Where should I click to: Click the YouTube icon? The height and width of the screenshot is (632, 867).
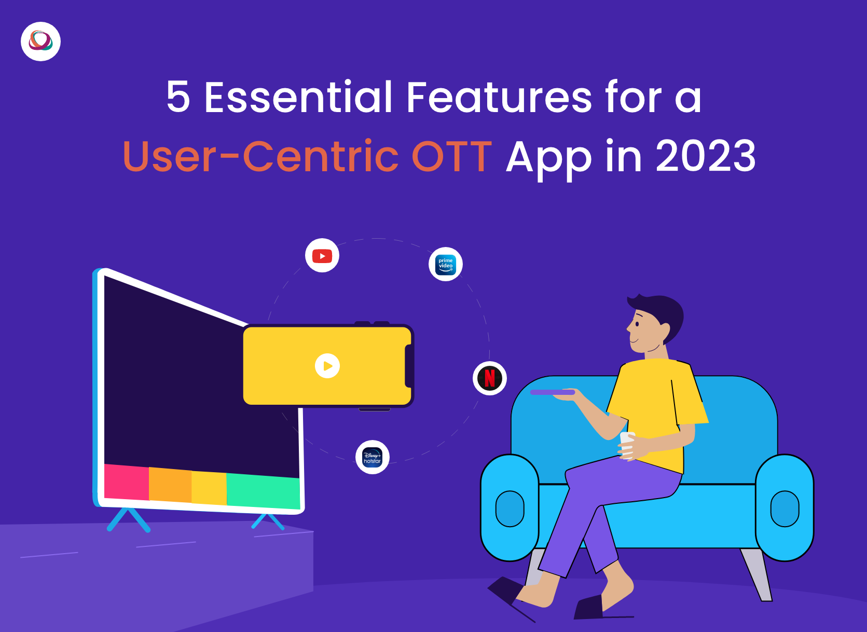tap(322, 255)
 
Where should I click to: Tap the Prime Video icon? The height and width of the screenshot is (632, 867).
tap(446, 264)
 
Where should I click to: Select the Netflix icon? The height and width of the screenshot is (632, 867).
tap(490, 378)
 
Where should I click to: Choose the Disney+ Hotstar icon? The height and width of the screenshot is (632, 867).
tap(373, 457)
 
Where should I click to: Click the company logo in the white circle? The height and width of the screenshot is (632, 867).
tap(40, 42)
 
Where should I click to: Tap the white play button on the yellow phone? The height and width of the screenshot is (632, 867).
tap(327, 366)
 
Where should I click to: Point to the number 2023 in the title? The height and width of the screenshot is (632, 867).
tap(706, 156)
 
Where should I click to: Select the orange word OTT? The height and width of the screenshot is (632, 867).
tap(452, 156)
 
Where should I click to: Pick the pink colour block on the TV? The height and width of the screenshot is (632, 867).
tap(127, 482)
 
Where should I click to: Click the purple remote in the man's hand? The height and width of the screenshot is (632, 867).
tap(553, 392)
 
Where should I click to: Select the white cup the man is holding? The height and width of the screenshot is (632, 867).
tap(627, 445)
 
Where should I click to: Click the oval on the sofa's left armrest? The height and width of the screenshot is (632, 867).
tap(510, 509)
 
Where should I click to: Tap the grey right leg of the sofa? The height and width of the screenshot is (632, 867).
tap(756, 574)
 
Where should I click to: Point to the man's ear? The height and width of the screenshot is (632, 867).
tap(665, 331)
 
